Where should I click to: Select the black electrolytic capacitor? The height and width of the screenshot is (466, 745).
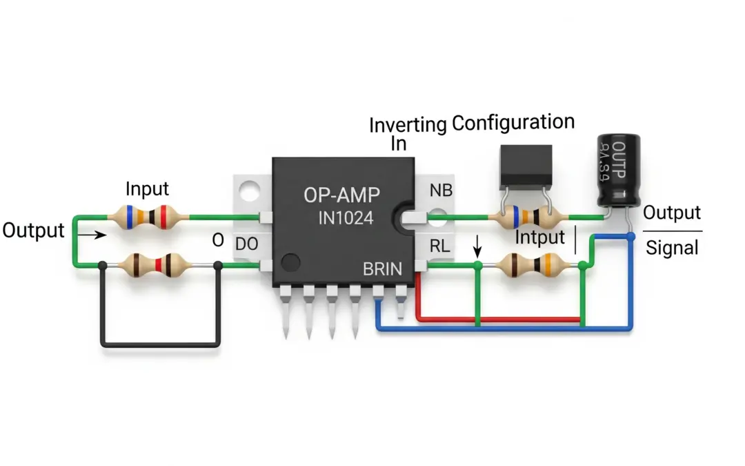click(617, 170)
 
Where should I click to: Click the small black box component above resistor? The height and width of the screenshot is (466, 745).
click(526, 164)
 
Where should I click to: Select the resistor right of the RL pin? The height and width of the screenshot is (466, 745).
click(528, 264)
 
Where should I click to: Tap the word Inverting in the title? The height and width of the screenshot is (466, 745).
click(408, 125)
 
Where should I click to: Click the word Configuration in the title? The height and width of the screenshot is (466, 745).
click(513, 123)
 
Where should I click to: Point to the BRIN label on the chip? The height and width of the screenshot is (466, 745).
click(381, 269)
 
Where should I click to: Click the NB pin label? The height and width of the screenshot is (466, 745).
click(441, 191)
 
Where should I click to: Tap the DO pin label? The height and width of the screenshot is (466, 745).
click(246, 244)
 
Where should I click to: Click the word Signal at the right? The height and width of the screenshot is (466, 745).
click(673, 247)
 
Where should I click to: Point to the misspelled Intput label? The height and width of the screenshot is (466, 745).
click(540, 239)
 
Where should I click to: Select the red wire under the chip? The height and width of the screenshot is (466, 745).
click(497, 320)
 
